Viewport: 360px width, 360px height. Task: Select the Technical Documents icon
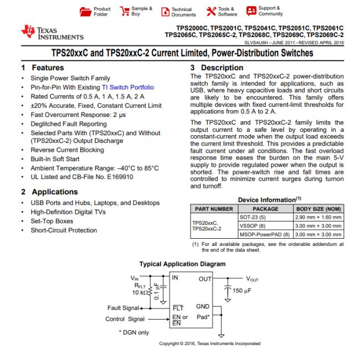pyautogui.click(x=164, y=11)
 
